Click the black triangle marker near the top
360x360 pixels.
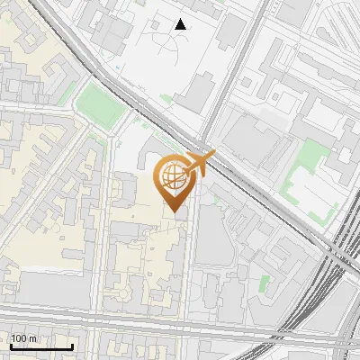181,24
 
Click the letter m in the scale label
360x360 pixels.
33,338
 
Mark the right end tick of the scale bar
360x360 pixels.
72,346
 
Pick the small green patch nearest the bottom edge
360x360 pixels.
264,283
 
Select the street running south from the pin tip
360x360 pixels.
188,270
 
